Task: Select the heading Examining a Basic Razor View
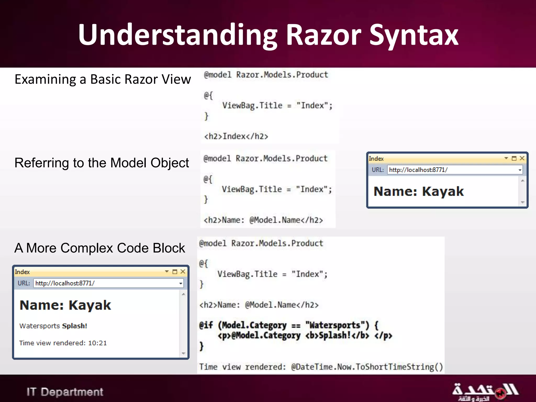click(x=103, y=79)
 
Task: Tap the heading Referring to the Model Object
click(x=102, y=163)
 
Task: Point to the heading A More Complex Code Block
click(x=99, y=248)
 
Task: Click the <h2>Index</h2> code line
click(x=236, y=136)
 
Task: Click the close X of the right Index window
click(x=522, y=158)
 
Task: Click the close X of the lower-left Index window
click(x=183, y=272)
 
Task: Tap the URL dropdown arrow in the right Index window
click(x=520, y=170)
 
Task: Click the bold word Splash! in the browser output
click(x=75, y=326)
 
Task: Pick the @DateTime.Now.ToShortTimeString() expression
click(x=367, y=367)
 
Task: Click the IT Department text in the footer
click(x=65, y=392)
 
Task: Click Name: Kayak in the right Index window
click(x=418, y=191)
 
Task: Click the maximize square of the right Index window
click(x=514, y=158)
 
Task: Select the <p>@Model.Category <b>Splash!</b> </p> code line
click(x=305, y=336)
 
